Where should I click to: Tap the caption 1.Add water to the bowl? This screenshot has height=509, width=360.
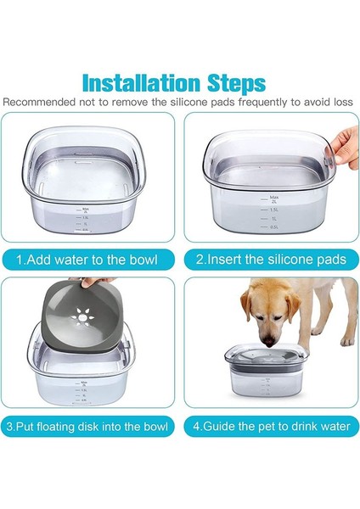(90, 258)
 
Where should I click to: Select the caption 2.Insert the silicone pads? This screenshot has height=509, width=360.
(269, 258)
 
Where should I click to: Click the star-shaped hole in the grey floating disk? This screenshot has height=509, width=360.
(80, 326)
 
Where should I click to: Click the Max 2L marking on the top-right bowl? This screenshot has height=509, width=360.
(273, 198)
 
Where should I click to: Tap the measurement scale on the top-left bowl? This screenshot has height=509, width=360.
(85, 219)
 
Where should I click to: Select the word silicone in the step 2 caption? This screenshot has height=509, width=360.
(284, 258)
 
